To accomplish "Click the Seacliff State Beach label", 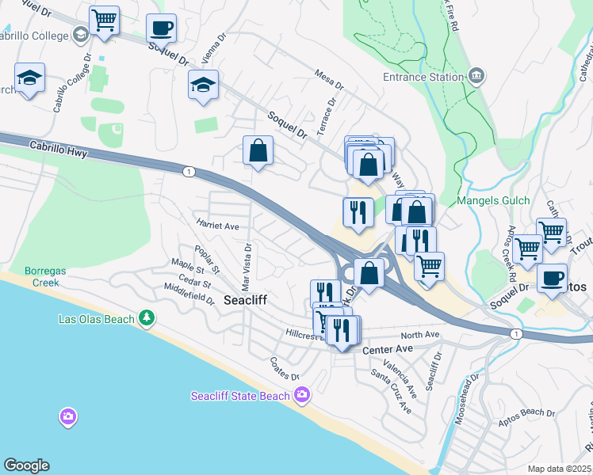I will [240, 395].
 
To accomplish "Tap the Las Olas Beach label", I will [96, 319].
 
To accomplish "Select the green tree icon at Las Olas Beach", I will [147, 318].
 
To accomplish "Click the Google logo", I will [26, 465].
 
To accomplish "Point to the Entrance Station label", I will [423, 77].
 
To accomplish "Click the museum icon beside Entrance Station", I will [476, 77].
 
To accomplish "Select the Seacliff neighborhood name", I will [249, 300].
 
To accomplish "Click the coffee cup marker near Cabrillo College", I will [162, 29].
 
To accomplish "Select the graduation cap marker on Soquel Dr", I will [203, 85].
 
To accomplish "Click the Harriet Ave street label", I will [218, 226].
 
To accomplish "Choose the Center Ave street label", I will [388, 349].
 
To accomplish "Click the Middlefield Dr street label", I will [189, 294].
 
